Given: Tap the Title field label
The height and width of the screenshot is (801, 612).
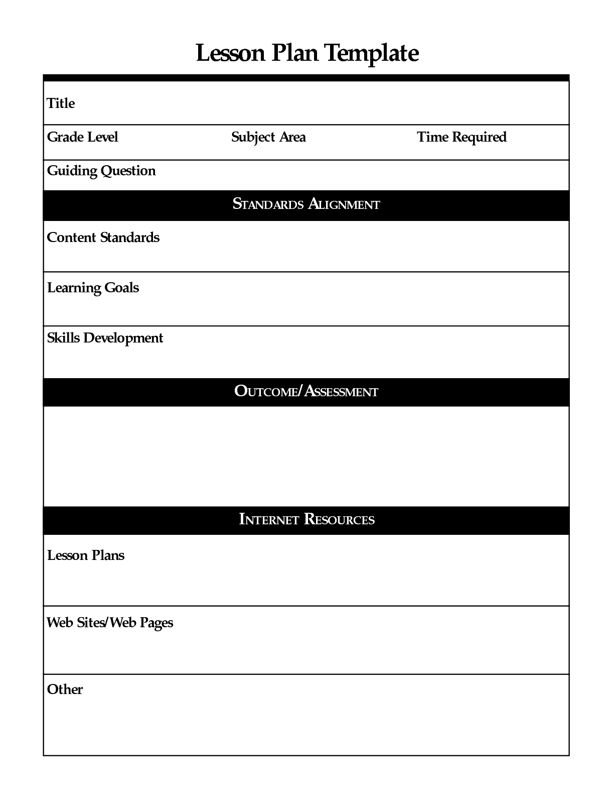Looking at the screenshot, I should tap(61, 103).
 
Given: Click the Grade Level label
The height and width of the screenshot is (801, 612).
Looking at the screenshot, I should tap(82, 137).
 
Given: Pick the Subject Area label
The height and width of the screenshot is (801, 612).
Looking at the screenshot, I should tap(268, 137).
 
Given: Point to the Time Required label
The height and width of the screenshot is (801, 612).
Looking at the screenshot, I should tap(462, 137).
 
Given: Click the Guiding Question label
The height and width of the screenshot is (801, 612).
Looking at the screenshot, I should tap(101, 171).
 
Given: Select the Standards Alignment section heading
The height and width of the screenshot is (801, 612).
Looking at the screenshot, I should tap(306, 204).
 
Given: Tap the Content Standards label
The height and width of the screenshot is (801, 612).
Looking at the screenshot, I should tap(103, 238).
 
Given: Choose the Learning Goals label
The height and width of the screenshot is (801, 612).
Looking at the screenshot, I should tap(93, 288).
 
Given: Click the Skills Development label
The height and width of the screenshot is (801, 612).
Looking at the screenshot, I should tap(105, 338).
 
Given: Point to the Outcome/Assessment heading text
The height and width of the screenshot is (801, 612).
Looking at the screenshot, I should tap(306, 391).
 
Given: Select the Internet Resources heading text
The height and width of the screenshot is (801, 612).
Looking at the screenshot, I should tap(307, 519).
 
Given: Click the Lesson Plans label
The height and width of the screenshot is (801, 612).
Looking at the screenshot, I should tap(86, 555).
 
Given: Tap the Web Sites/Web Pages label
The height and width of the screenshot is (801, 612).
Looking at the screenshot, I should tap(110, 623).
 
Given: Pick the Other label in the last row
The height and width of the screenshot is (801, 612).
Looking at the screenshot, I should tap(65, 690).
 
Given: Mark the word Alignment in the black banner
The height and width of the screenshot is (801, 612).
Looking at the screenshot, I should tap(344, 204).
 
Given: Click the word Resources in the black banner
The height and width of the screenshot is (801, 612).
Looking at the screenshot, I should tap(339, 519).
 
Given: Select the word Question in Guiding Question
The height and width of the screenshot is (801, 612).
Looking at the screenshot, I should tap(128, 171).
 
